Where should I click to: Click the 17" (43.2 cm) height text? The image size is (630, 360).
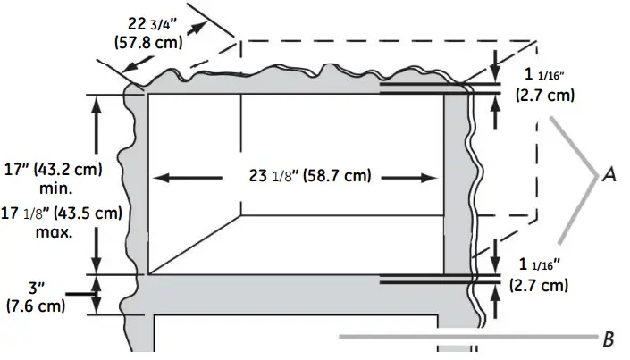point(54,169)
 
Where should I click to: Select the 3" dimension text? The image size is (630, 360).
point(36,289)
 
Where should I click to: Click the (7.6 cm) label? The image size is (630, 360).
point(36,307)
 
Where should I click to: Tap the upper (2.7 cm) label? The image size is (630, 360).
point(544,94)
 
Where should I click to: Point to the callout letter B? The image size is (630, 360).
point(609,339)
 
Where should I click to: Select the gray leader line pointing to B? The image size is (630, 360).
point(465,338)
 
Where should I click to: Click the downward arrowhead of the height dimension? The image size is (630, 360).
point(95,267)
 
